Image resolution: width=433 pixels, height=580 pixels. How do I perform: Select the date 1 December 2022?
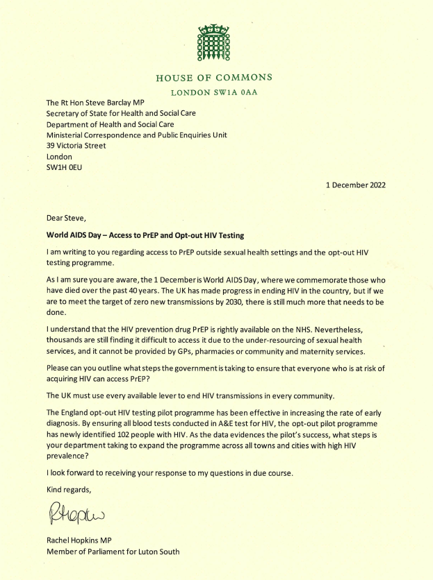tap(355, 185)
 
